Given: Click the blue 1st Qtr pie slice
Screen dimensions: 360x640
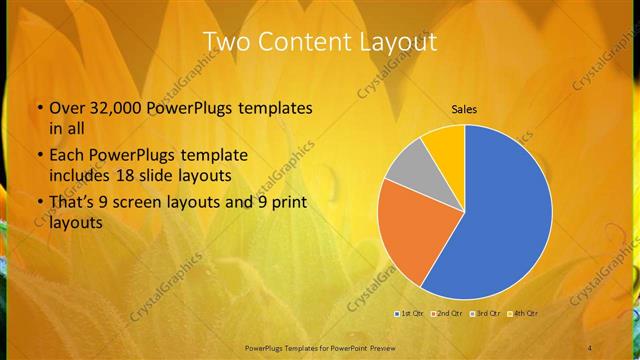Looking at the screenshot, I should tap(500, 220).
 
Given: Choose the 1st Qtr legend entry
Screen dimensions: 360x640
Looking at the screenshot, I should tap(408, 314).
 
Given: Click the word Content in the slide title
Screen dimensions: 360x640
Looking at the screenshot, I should tap(305, 42).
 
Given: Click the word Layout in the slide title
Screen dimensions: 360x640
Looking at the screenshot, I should tap(396, 42).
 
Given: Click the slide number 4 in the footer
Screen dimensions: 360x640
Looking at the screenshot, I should tap(590, 347).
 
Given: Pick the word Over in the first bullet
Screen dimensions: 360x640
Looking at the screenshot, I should tap(66, 107).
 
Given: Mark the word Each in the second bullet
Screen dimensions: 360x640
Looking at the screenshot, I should tap(66, 156).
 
